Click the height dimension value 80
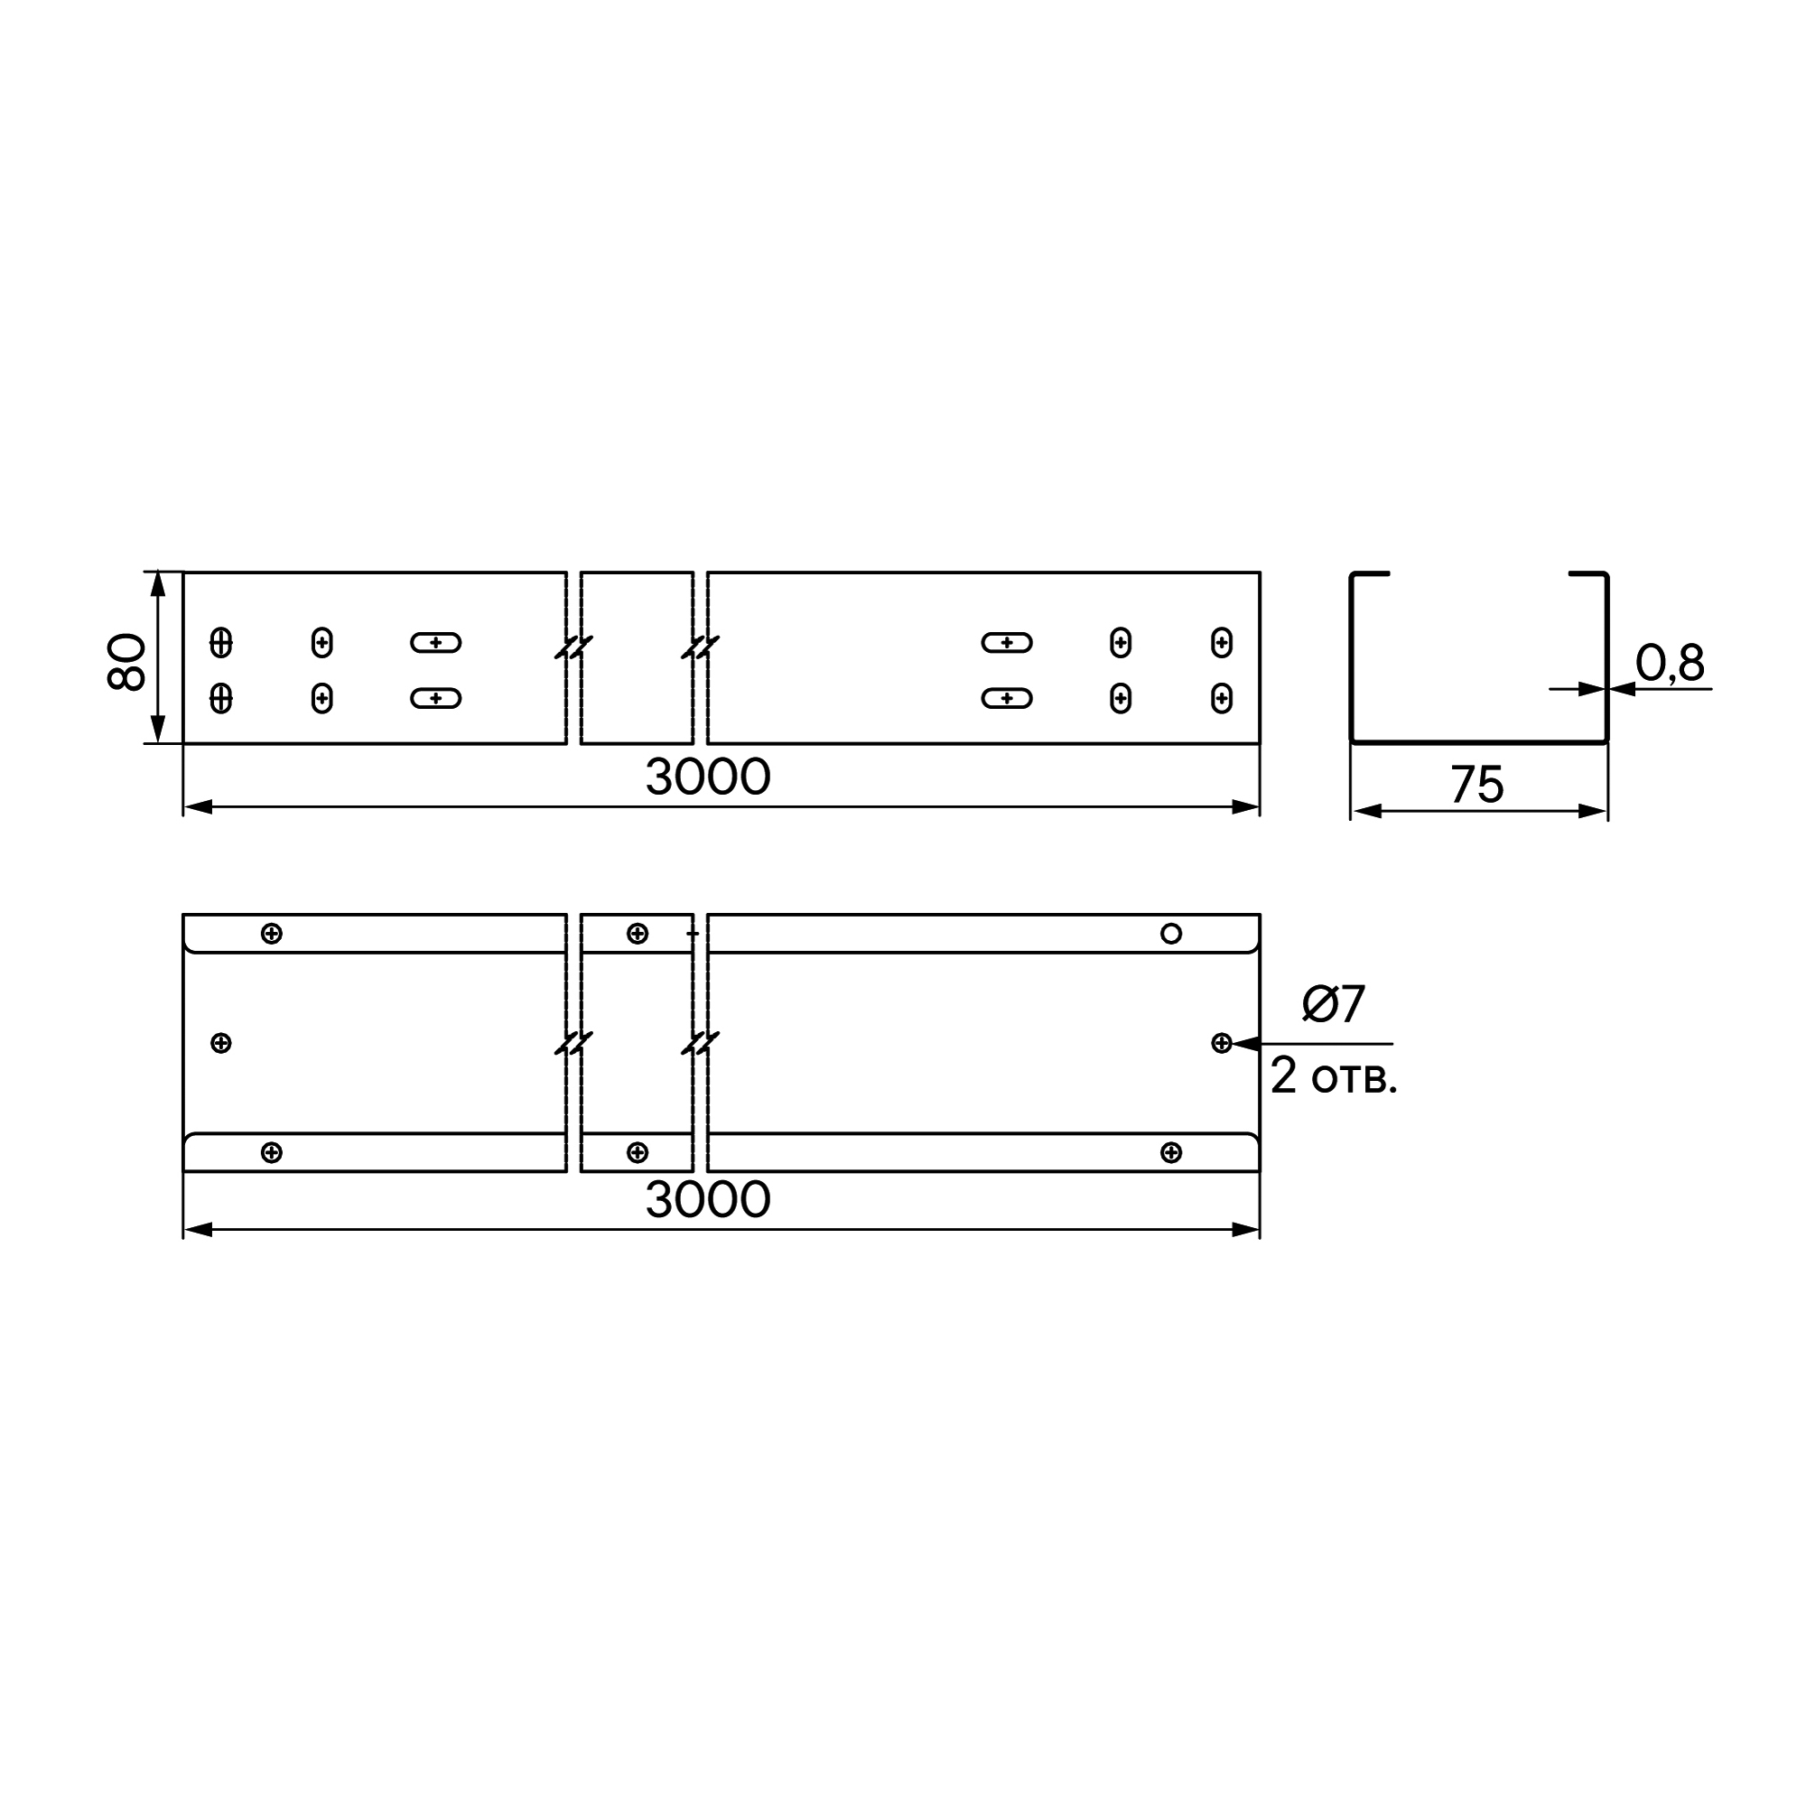tap(127, 662)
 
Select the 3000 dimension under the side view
tap(708, 777)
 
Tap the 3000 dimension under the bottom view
tap(708, 1199)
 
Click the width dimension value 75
tap(1477, 785)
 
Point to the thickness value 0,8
tap(1671, 663)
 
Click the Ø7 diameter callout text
tap(1334, 1004)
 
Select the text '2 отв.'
tap(1334, 1076)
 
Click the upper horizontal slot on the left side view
tap(435, 642)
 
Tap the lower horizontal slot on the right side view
tap(1007, 698)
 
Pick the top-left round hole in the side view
tap(220, 642)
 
